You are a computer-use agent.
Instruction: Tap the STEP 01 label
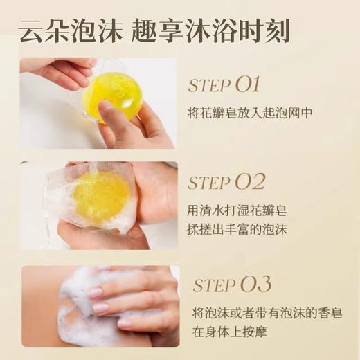[x=224, y=86]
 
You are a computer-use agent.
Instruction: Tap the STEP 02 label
[x=226, y=183]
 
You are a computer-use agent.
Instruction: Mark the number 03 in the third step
[x=255, y=284]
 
